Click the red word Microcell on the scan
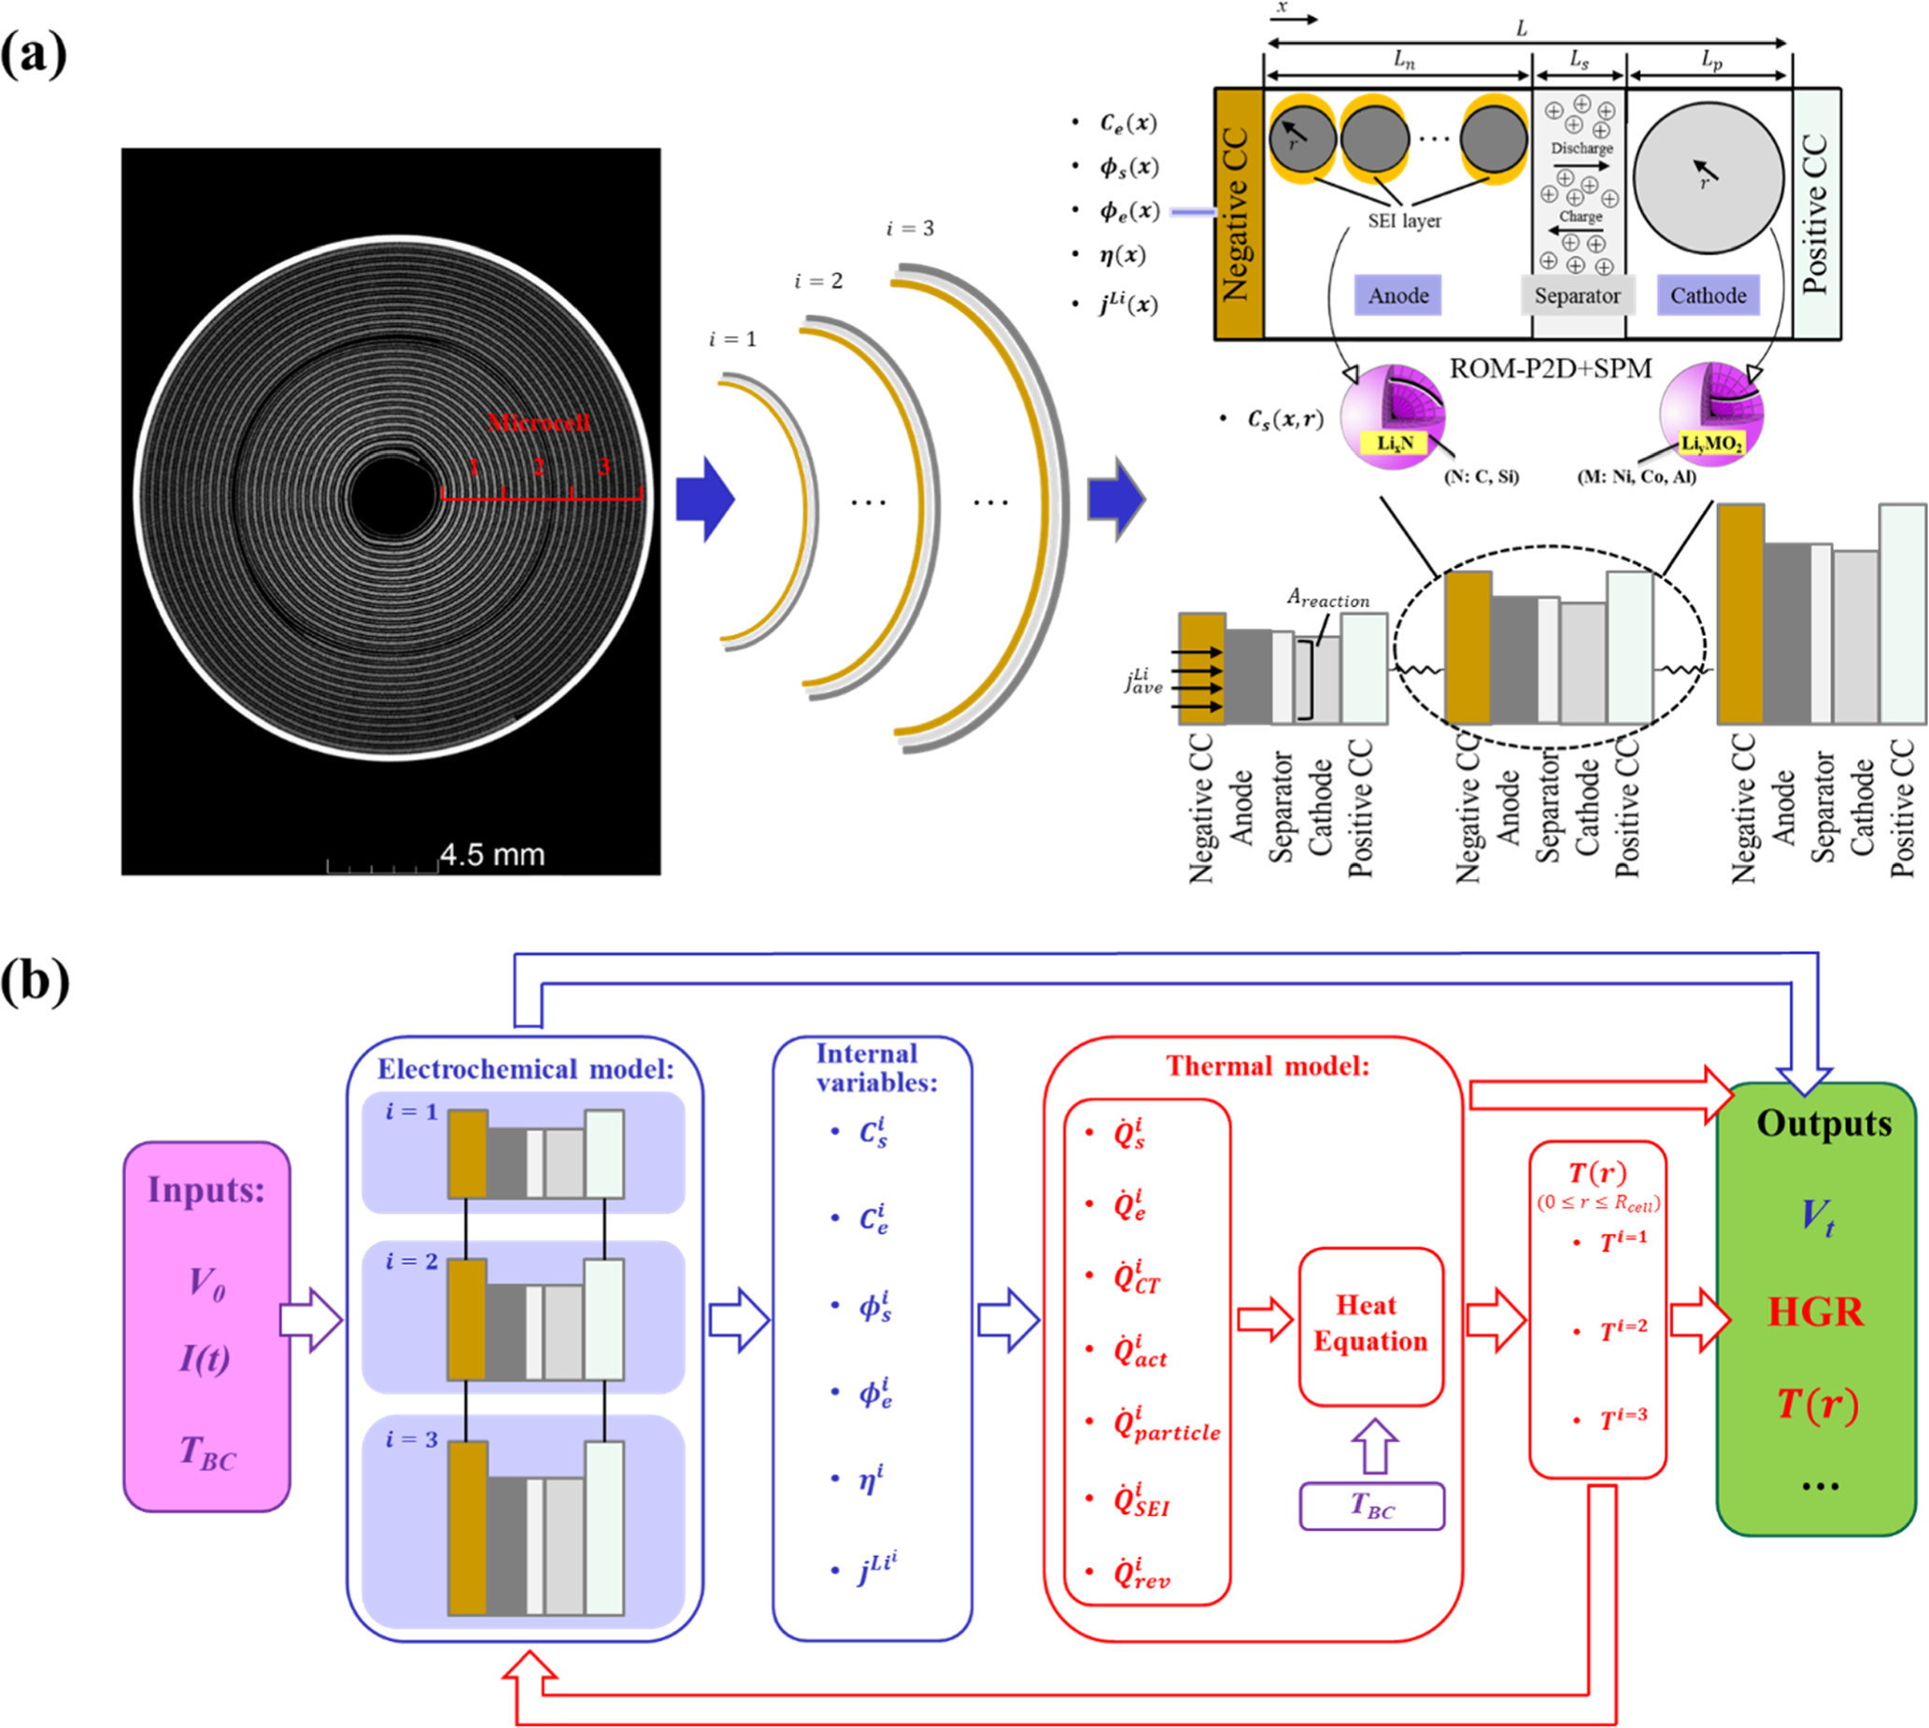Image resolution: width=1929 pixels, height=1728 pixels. (538, 422)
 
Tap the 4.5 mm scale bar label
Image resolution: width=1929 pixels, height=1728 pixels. (491, 855)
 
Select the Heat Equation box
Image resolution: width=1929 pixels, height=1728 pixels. (1369, 1325)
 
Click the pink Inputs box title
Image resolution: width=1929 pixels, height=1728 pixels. (206, 1189)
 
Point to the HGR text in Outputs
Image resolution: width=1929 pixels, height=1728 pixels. (1815, 1312)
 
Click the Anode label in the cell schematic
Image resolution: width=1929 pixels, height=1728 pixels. (1398, 295)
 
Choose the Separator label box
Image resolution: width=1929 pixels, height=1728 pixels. (1577, 295)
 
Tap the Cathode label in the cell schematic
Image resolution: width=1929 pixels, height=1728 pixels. (1708, 295)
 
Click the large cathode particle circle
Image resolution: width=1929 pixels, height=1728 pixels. (1708, 178)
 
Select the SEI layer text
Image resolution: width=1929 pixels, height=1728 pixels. (1404, 221)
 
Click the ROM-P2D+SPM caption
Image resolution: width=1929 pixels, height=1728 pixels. (1551, 368)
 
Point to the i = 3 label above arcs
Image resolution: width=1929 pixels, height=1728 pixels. (910, 229)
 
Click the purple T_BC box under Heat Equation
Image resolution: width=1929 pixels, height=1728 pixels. (1371, 1506)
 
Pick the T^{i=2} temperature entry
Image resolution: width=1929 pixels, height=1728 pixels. (1623, 1329)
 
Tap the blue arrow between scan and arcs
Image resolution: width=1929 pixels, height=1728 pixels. (704, 500)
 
